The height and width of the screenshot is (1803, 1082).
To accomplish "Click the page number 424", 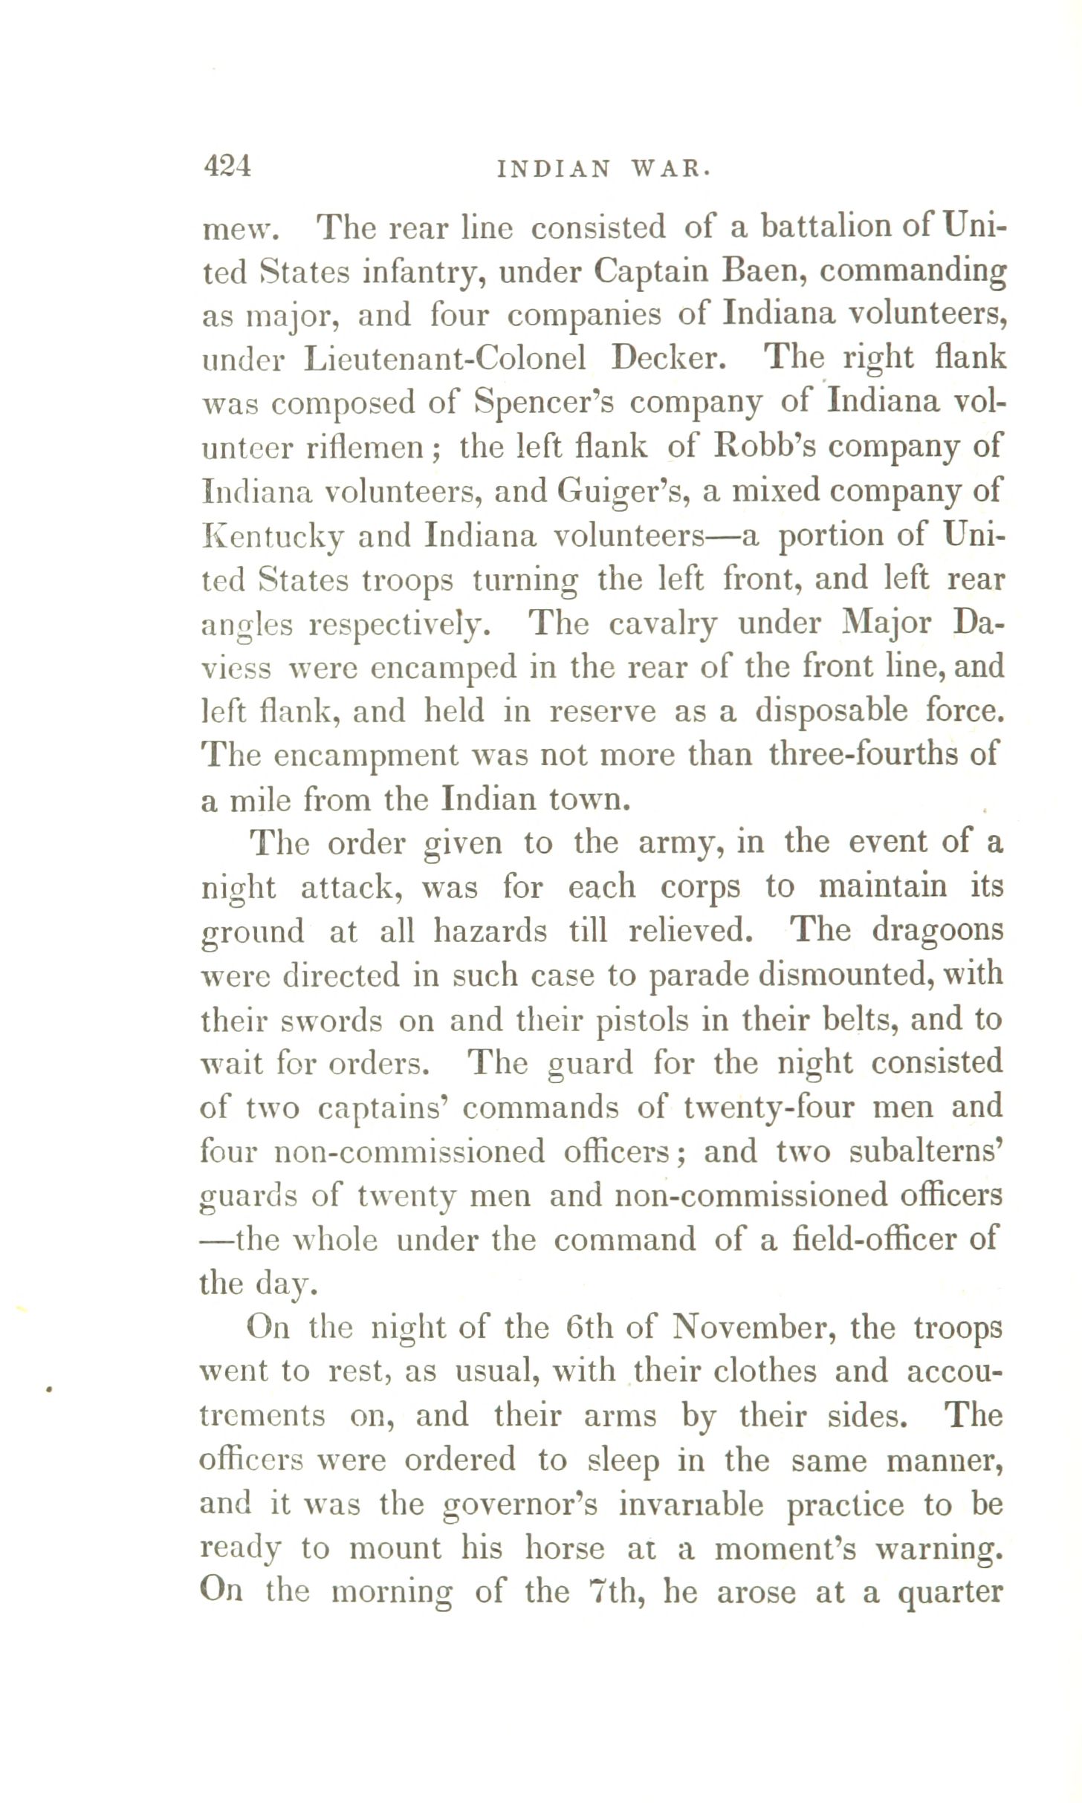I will [227, 166].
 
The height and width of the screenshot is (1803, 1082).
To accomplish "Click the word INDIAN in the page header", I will [553, 169].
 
